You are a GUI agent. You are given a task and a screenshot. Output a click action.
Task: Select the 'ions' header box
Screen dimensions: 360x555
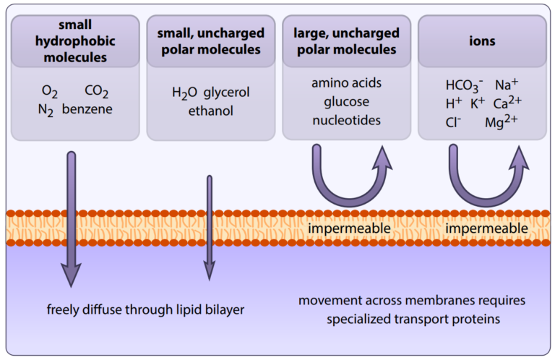pos(481,41)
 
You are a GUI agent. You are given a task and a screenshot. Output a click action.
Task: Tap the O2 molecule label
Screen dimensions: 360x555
pos(50,92)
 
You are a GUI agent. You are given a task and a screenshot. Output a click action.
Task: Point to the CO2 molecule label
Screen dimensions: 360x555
pos(97,92)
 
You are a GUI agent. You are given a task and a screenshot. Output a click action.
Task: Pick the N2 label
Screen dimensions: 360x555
pos(47,110)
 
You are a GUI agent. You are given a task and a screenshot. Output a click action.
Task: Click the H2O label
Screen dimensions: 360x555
pos(184,93)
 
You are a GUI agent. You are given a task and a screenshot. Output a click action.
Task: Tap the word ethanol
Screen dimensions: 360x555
pos(210,111)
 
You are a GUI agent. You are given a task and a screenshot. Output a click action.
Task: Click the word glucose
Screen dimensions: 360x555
pos(346,101)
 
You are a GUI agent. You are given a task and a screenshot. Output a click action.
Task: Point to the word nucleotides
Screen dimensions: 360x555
pos(346,120)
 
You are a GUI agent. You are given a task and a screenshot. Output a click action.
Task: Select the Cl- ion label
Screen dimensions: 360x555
pos(454,122)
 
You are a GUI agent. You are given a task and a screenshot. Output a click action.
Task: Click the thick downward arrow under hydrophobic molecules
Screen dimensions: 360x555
pos(71,217)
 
